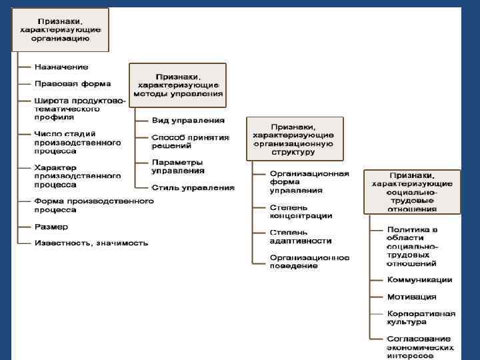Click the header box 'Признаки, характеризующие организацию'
[x=60, y=30]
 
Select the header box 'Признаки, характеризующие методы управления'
[x=178, y=85]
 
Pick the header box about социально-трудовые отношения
[x=411, y=191]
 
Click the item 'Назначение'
[x=61, y=67]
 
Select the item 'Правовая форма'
[x=73, y=84]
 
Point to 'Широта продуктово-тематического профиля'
[x=79, y=109]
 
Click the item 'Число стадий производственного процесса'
[x=77, y=142]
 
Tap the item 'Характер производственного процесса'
[x=77, y=175]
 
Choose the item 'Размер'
[x=51, y=227]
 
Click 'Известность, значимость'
[x=91, y=243]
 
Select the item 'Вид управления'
[x=188, y=121]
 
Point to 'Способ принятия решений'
[x=190, y=141]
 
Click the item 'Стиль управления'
[x=193, y=187]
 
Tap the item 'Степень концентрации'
[x=300, y=211]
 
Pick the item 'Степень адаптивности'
[x=300, y=236]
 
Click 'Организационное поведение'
[x=309, y=261]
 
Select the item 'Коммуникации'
[x=419, y=280]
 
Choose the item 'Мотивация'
[x=411, y=297]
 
